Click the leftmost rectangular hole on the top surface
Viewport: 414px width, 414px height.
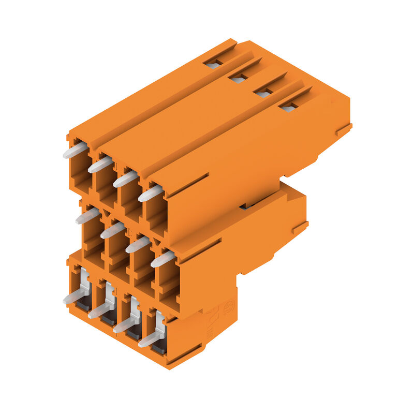(213, 65)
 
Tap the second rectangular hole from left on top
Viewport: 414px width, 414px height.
(238, 79)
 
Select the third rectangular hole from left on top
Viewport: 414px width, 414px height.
(263, 94)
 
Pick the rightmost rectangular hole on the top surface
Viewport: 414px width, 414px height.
(288, 107)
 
